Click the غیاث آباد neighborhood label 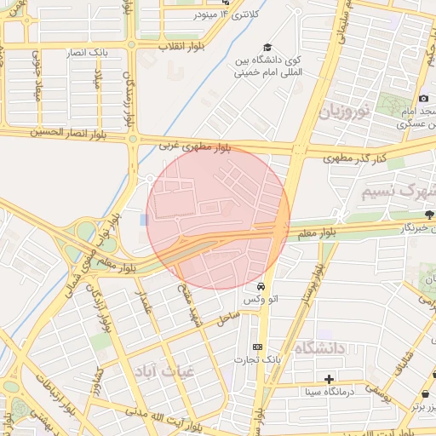coord(163,370)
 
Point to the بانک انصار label coord(89,53)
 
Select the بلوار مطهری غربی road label coord(196,147)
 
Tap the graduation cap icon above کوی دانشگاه coord(267,48)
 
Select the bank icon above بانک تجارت coord(258,347)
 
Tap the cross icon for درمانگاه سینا coord(329,378)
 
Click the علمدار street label coord(146,300)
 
